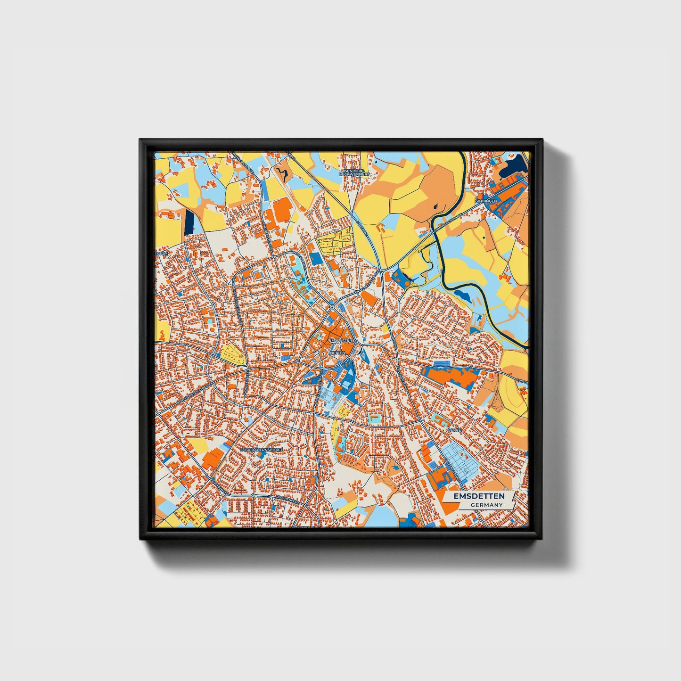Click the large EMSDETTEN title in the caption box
point(479,496)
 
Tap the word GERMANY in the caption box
point(486,505)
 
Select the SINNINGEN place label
point(486,200)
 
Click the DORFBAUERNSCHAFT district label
point(262,450)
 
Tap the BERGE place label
point(454,430)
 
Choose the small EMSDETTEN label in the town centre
point(341,340)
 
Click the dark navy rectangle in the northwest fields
point(189,222)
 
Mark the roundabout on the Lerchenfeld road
point(253,496)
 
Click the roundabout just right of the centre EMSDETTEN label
point(357,342)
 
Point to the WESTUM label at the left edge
point(162,253)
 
